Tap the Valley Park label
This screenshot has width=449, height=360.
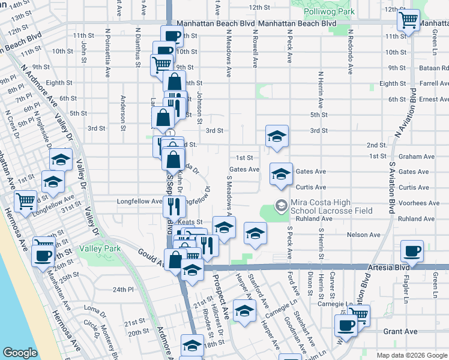[99, 248]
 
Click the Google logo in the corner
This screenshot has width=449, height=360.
[20, 352]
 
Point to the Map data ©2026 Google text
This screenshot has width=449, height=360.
[411, 355]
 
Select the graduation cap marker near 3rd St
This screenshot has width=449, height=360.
[277, 136]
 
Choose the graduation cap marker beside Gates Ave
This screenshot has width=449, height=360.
[281, 173]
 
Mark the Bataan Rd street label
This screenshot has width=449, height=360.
[435, 68]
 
